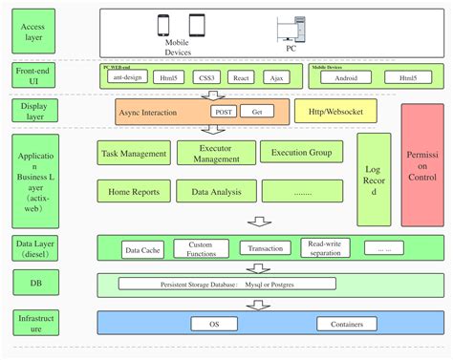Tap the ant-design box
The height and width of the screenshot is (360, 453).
126,77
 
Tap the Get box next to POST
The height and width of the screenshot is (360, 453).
255,112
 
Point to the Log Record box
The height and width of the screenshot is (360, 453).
374,180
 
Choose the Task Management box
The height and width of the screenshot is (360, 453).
134,153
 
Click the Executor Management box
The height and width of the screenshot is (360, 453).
216,153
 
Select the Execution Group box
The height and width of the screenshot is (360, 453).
301,153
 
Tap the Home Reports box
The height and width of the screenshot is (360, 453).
134,191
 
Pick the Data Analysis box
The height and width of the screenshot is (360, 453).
216,191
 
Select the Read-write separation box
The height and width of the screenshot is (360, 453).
325,248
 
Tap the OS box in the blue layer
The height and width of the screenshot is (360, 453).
216,324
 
